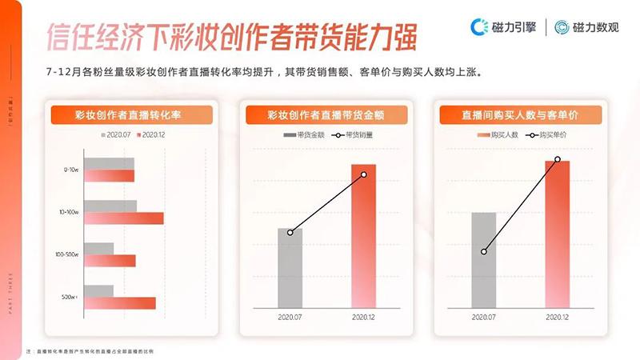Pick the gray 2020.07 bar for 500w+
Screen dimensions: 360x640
coord(98,290)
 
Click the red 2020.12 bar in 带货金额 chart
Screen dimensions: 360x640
coord(363,236)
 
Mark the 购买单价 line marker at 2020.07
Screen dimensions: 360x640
coord(484,251)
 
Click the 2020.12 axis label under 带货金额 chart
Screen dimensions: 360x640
coord(364,318)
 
